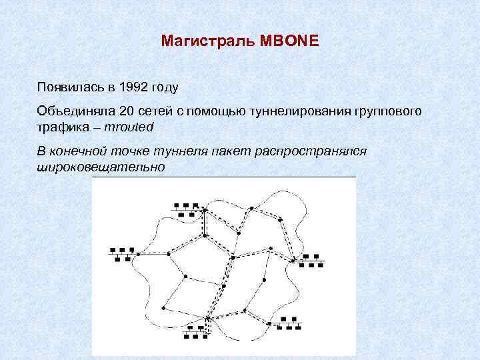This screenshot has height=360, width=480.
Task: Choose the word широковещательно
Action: (101, 166)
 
